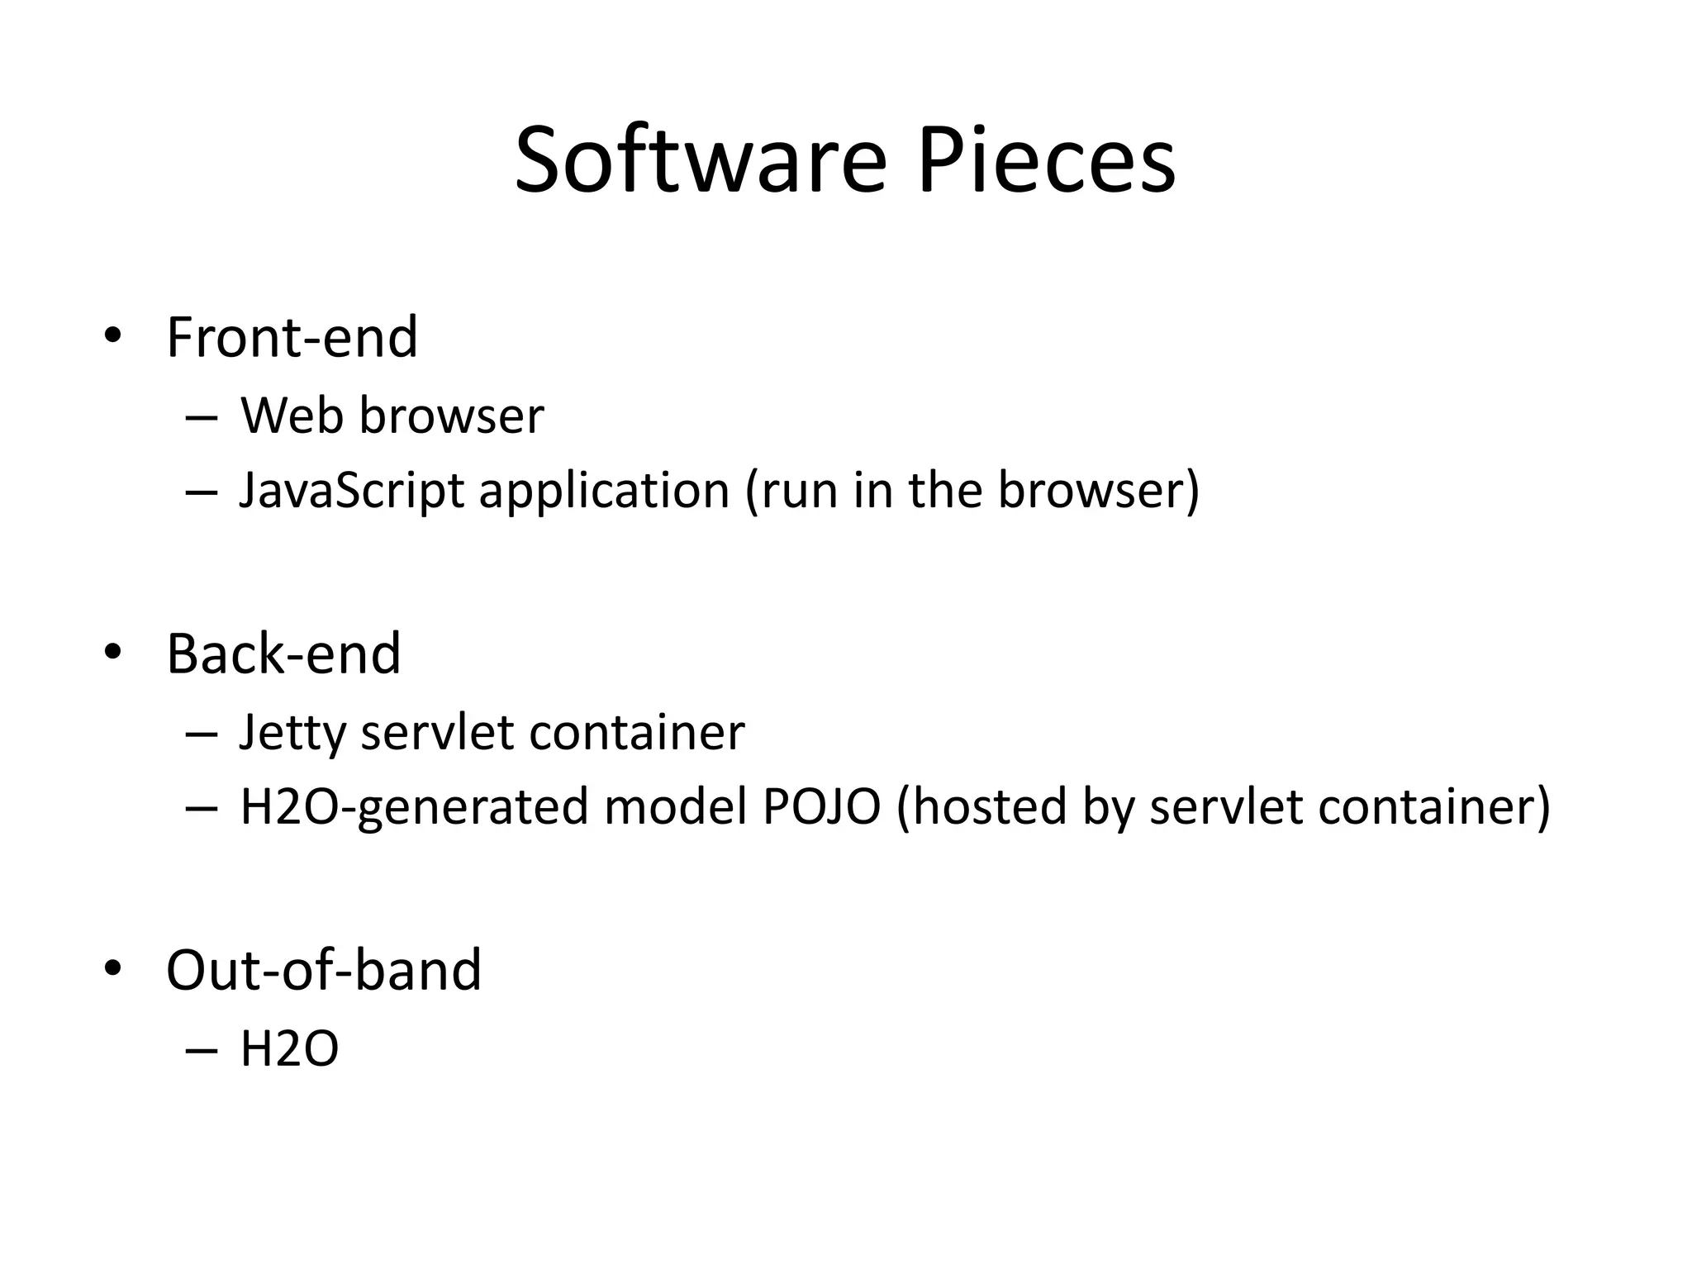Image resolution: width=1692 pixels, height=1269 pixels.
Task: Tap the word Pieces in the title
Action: click(x=1046, y=160)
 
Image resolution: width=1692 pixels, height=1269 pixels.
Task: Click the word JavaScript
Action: click(x=351, y=491)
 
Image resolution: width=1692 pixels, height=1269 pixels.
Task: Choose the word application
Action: click(x=604, y=491)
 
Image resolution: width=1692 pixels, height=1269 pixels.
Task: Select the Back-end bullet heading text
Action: click(x=283, y=654)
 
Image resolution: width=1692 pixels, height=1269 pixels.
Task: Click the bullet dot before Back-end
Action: click(x=112, y=651)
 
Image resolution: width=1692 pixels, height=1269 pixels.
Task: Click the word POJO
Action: click(x=821, y=806)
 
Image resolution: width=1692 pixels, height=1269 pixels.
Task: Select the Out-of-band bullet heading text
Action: click(x=323, y=970)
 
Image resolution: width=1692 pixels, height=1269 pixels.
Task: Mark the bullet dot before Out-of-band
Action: click(x=112, y=967)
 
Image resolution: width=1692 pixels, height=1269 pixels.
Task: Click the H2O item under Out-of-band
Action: click(x=289, y=1049)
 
